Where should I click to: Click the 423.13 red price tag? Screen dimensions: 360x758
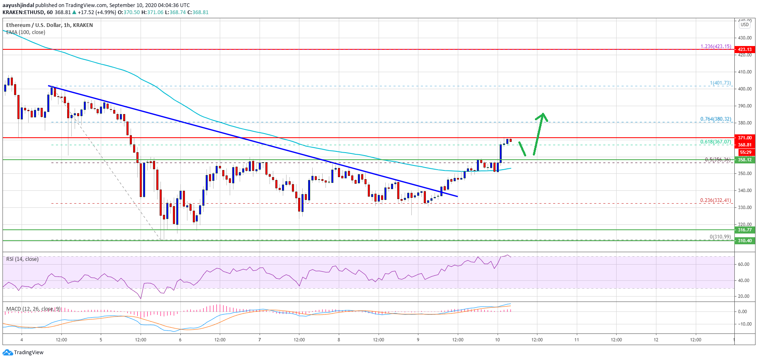pyautogui.click(x=744, y=49)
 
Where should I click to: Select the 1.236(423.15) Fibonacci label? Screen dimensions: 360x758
pyautogui.click(x=716, y=46)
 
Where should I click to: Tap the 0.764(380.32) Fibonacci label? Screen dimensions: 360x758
pyautogui.click(x=716, y=119)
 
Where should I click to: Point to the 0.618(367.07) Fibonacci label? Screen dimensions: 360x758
pyautogui.click(x=716, y=142)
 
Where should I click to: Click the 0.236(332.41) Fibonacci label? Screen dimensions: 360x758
pyautogui.click(x=716, y=200)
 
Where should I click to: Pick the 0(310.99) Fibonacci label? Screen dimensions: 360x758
pyautogui.click(x=720, y=237)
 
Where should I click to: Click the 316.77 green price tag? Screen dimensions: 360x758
pyautogui.click(x=744, y=230)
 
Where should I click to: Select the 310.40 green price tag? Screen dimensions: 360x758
pyautogui.click(x=744, y=241)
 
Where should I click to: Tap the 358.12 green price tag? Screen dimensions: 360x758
pyautogui.click(x=744, y=160)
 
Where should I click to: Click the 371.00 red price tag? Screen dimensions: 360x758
pyautogui.click(x=744, y=138)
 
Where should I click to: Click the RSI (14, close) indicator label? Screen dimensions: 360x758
pyautogui.click(x=22, y=259)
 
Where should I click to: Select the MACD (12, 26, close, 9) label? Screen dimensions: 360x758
pyautogui.click(x=34, y=309)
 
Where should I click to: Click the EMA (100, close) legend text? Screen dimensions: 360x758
pyautogui.click(x=26, y=32)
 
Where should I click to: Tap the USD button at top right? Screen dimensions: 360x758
pyautogui.click(x=745, y=24)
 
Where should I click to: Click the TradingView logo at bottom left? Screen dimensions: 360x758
pyautogui.click(x=23, y=352)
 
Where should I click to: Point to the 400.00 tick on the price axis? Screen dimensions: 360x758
pyautogui.click(x=744, y=89)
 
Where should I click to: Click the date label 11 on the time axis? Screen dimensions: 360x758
pyautogui.click(x=576, y=340)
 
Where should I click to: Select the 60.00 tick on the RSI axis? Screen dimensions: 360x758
pyautogui.click(x=743, y=264)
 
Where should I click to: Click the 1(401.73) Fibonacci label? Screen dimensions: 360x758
pyautogui.click(x=720, y=83)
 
